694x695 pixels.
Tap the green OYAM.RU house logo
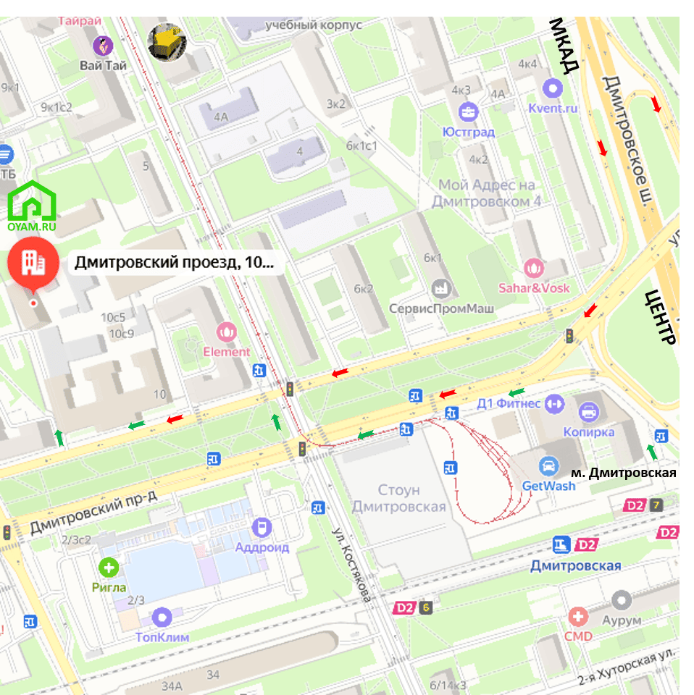tap(32, 202)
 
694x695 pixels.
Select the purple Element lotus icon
tap(227, 332)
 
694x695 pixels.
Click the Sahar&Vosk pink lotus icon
tap(533, 269)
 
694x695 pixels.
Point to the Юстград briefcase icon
tap(468, 112)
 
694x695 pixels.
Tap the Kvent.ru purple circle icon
tap(553, 89)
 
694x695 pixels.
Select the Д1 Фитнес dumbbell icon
tap(554, 402)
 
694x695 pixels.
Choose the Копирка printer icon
tap(589, 413)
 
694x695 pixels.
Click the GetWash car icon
tap(549, 466)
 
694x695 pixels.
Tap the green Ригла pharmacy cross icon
tap(109, 568)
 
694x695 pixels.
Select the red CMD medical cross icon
tap(578, 617)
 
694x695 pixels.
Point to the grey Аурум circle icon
tap(622, 601)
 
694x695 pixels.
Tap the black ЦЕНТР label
tap(660, 317)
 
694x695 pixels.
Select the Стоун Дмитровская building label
tap(399, 499)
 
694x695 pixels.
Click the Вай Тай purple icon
tap(103, 46)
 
